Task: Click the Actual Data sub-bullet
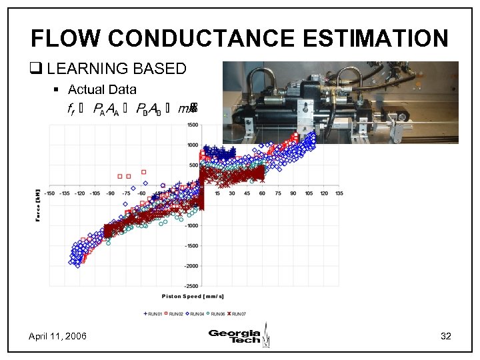pos(102,89)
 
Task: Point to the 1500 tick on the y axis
pos(192,125)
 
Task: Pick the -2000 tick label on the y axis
pos(191,265)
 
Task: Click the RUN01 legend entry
pos(155,313)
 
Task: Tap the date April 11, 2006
pos(57,336)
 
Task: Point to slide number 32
pos(446,336)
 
